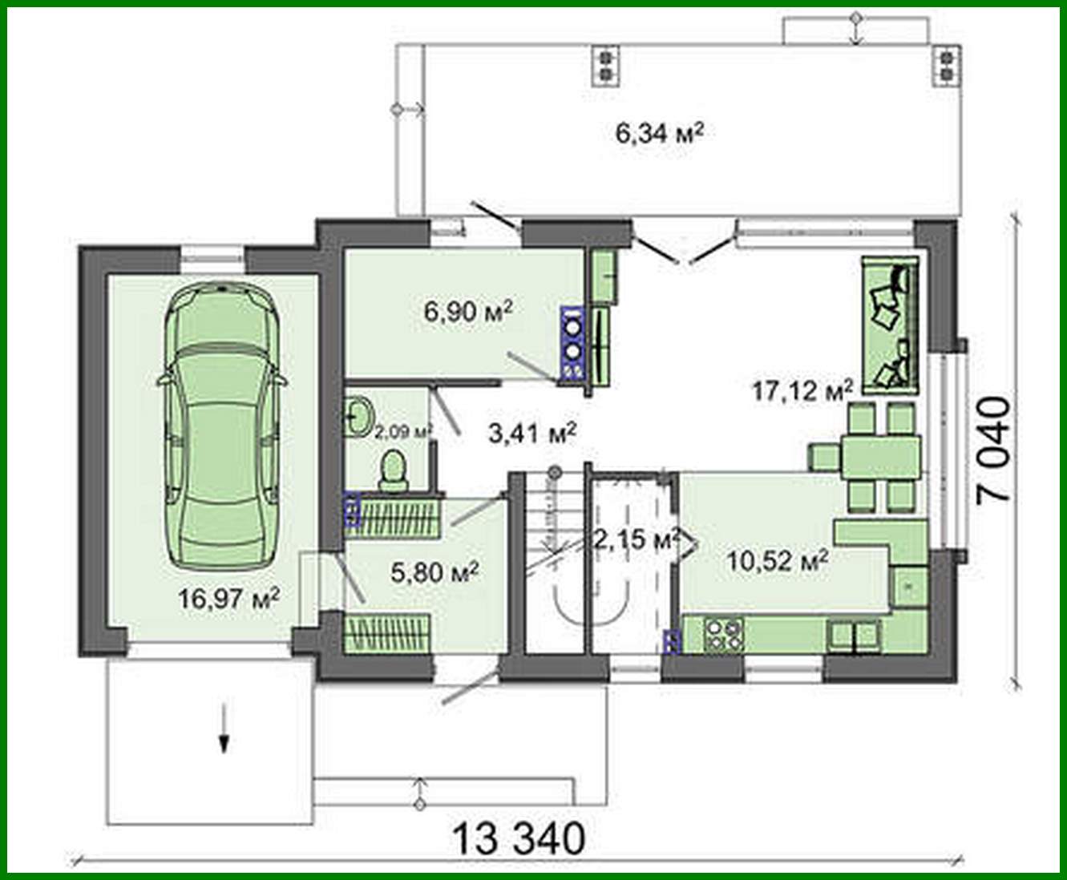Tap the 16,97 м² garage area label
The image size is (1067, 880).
click(229, 598)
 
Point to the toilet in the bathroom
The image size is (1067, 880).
click(393, 470)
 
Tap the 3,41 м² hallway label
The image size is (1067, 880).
click(532, 434)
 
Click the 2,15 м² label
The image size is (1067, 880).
click(636, 539)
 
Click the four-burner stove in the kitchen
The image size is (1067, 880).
click(723, 633)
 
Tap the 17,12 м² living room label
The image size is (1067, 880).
click(802, 390)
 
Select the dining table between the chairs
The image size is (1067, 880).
click(880, 457)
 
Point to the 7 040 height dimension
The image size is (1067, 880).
click(993, 448)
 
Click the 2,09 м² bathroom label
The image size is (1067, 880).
click(403, 431)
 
